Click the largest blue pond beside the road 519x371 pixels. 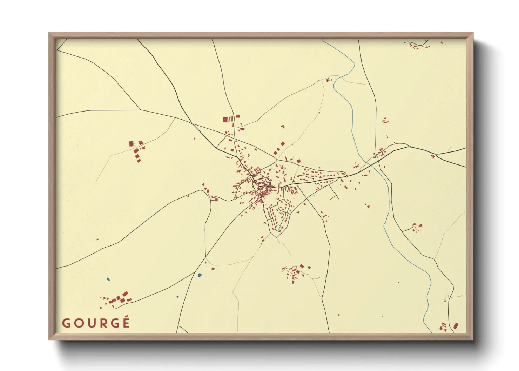[200, 275]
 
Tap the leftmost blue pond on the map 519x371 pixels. [108, 279]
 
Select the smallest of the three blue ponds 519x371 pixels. [177, 297]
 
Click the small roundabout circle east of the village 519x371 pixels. [347, 176]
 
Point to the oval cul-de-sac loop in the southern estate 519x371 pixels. [277, 228]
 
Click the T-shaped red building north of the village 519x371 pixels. [283, 127]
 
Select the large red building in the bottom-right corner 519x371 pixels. [456, 326]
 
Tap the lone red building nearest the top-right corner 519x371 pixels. [442, 43]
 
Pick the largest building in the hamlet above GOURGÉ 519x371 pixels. [125, 294]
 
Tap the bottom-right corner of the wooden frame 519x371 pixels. [473, 339]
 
